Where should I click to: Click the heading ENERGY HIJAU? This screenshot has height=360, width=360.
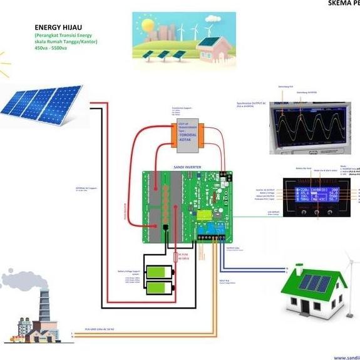[x=58, y=28]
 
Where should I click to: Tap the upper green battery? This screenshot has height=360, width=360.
[x=159, y=272]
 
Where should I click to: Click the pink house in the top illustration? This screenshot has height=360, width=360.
[x=213, y=50]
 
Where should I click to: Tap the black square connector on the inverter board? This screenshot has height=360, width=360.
[x=165, y=229]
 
